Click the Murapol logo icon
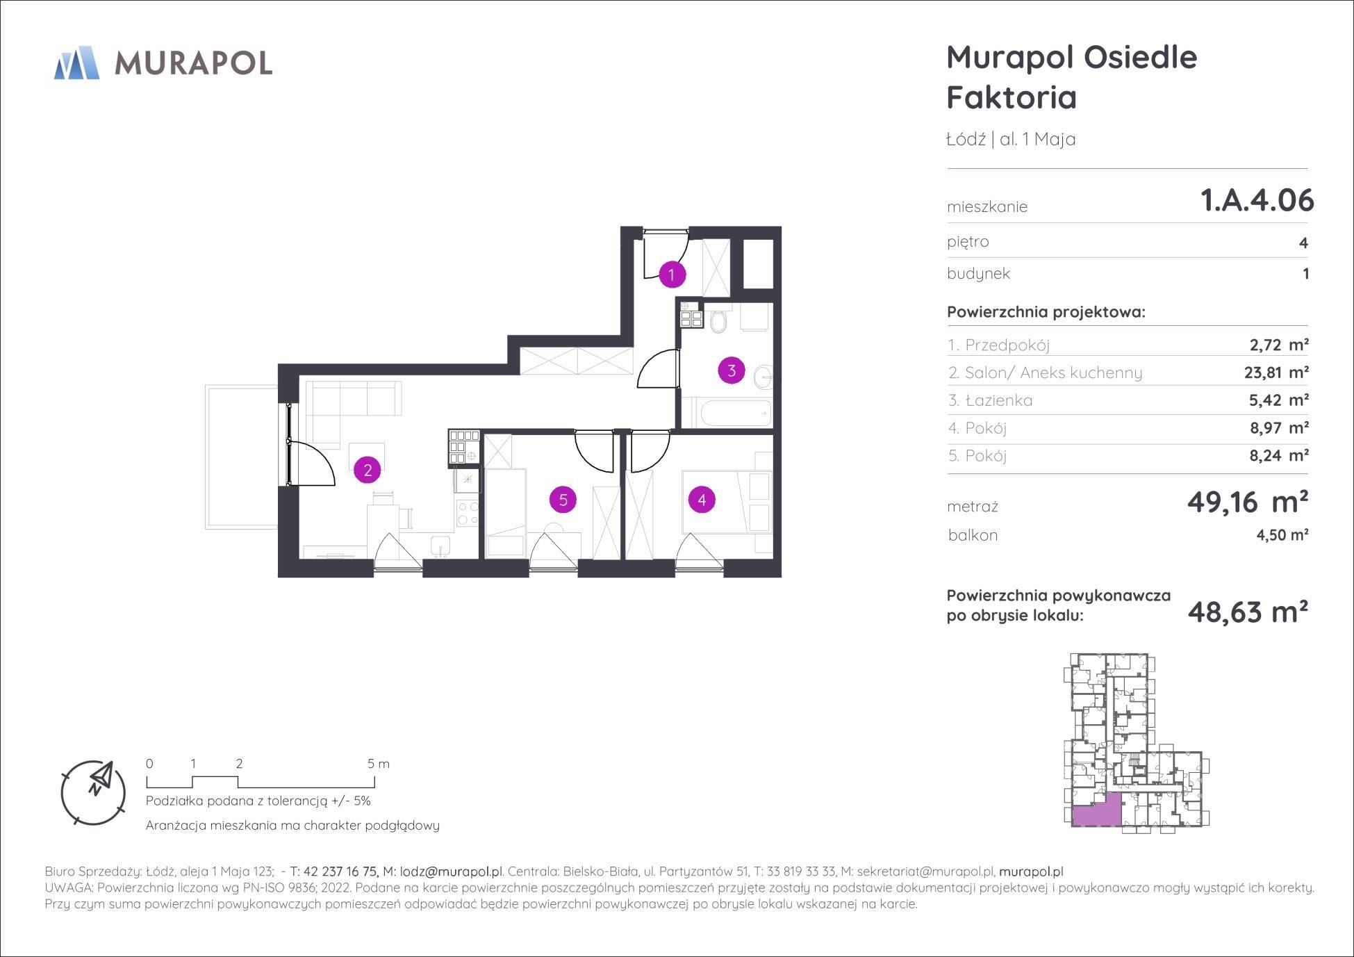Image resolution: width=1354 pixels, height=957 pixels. [x=76, y=63]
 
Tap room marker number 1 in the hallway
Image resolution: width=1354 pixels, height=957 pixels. [x=671, y=275]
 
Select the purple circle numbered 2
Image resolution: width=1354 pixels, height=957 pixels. [x=368, y=470]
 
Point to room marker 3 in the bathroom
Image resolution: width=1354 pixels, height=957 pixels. [x=732, y=370]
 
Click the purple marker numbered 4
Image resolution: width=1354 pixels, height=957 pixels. [x=702, y=499]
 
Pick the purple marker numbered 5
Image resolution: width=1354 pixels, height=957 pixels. [x=563, y=499]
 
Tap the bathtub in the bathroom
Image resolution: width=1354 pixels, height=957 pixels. [x=736, y=414]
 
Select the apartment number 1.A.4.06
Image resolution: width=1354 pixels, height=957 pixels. [x=1257, y=200]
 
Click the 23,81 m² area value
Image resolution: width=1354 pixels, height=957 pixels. [x=1276, y=373]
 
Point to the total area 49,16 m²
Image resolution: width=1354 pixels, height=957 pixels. [x=1248, y=501]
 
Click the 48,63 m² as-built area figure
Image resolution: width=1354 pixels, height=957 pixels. [x=1248, y=612]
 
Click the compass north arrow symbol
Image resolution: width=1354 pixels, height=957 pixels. [x=100, y=779]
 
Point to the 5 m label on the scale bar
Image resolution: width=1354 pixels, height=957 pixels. [x=379, y=764]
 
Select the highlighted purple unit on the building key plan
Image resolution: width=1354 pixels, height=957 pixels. [x=1097, y=811]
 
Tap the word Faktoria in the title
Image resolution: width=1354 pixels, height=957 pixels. [x=1012, y=97]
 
